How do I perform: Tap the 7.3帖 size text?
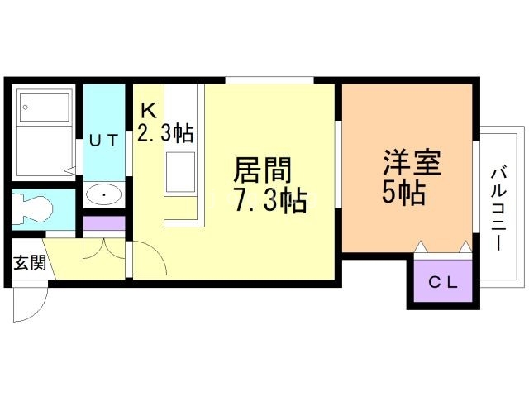(x=270, y=201)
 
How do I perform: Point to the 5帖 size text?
(x=403, y=193)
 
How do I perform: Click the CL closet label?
(x=442, y=281)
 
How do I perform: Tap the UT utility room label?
(x=103, y=141)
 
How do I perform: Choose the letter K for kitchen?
(x=147, y=109)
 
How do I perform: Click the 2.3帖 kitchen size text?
(x=165, y=132)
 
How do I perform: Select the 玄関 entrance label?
(x=28, y=264)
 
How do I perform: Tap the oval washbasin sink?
(x=104, y=195)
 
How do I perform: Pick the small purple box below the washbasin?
(x=104, y=223)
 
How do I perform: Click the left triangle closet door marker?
(x=420, y=246)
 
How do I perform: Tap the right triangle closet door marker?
(x=465, y=246)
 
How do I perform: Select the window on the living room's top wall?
(x=269, y=80)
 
